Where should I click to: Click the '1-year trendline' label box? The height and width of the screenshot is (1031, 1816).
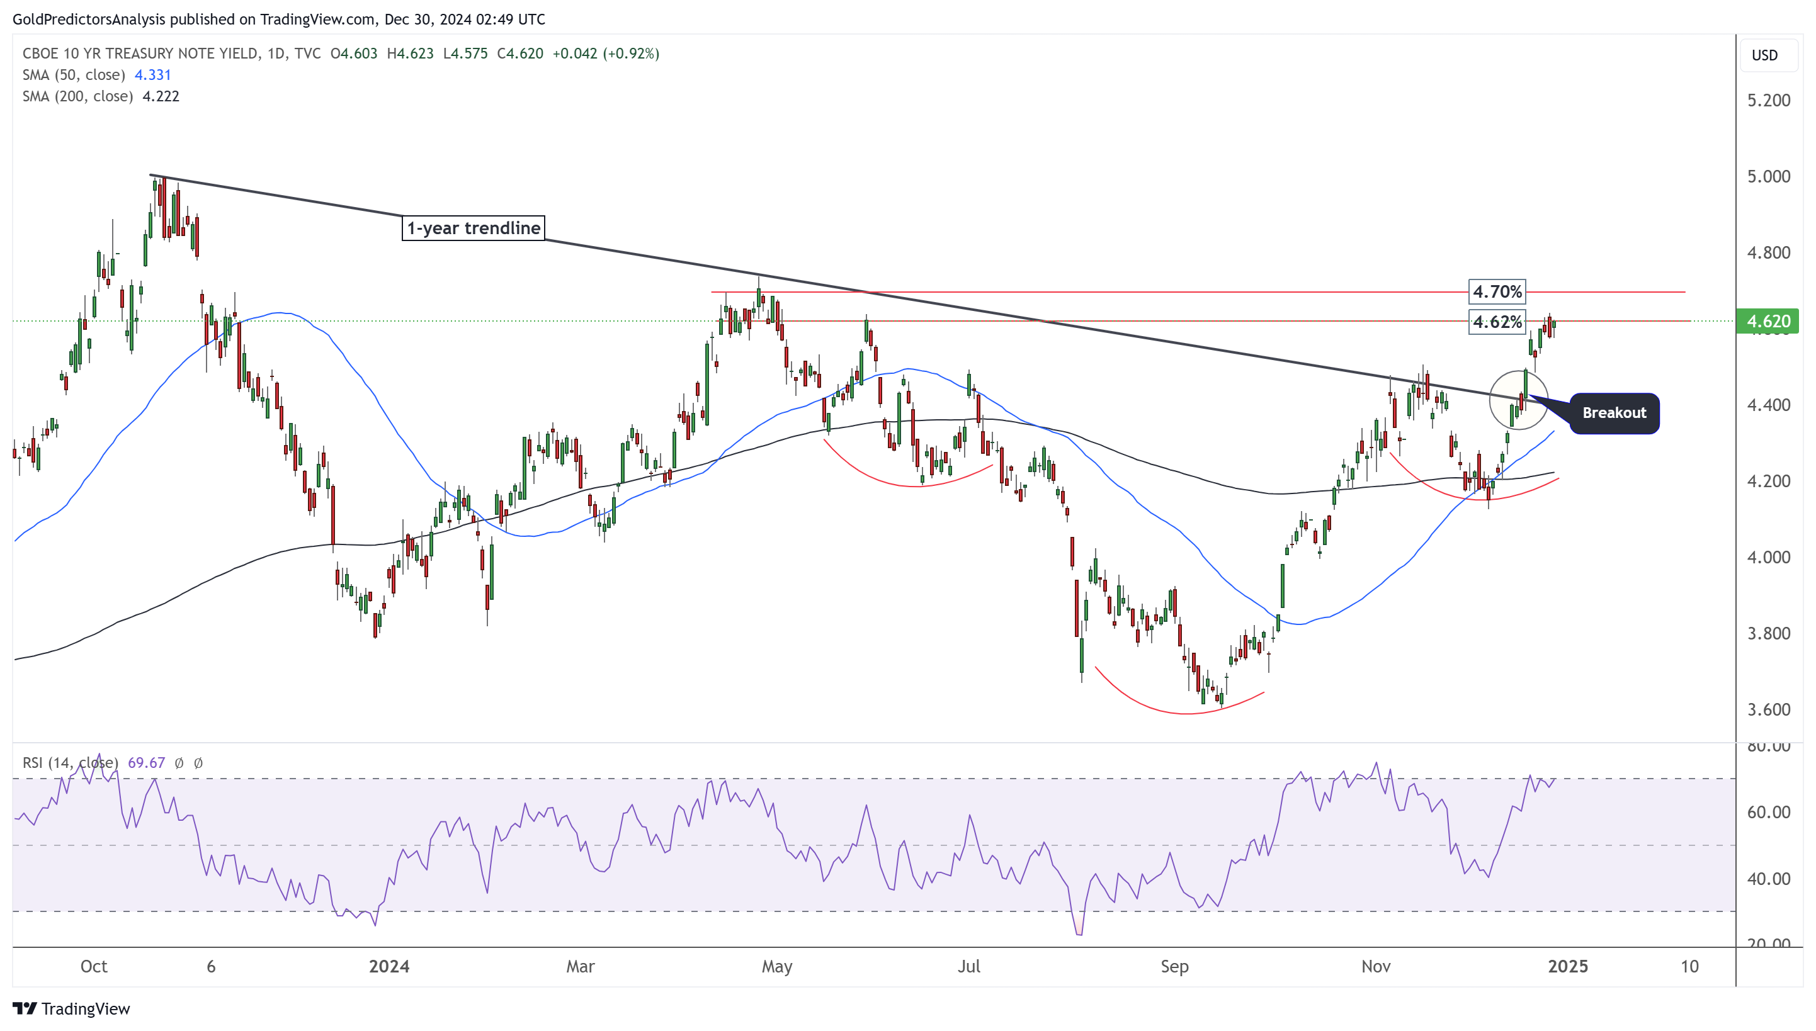coord(472,228)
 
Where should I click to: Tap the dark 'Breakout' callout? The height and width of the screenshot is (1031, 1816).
coord(1613,413)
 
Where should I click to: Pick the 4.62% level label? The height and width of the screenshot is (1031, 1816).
coord(1497,322)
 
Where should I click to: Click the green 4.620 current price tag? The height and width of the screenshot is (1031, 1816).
coord(1768,322)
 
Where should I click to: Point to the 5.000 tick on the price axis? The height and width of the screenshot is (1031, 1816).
coord(1768,176)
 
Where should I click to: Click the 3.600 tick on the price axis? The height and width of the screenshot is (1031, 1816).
coord(1768,709)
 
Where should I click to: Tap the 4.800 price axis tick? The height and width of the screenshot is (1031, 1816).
coord(1768,253)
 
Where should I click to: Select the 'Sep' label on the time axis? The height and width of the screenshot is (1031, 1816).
coord(1174,967)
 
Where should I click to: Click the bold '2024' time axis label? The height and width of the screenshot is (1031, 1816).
coord(389,967)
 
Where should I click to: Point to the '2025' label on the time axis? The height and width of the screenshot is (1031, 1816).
coord(1567,967)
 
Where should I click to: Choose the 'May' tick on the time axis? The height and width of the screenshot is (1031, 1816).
coord(776,967)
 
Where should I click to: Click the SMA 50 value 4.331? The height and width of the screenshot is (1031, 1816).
coord(152,75)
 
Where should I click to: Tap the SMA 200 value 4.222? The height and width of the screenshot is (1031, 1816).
coord(161,96)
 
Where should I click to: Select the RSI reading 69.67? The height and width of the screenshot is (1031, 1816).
coord(146,763)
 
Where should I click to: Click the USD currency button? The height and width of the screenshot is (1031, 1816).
coord(1764,55)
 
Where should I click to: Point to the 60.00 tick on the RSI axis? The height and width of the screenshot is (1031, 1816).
coord(1768,812)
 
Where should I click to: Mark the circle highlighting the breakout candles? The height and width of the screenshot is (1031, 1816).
coord(1518,400)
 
